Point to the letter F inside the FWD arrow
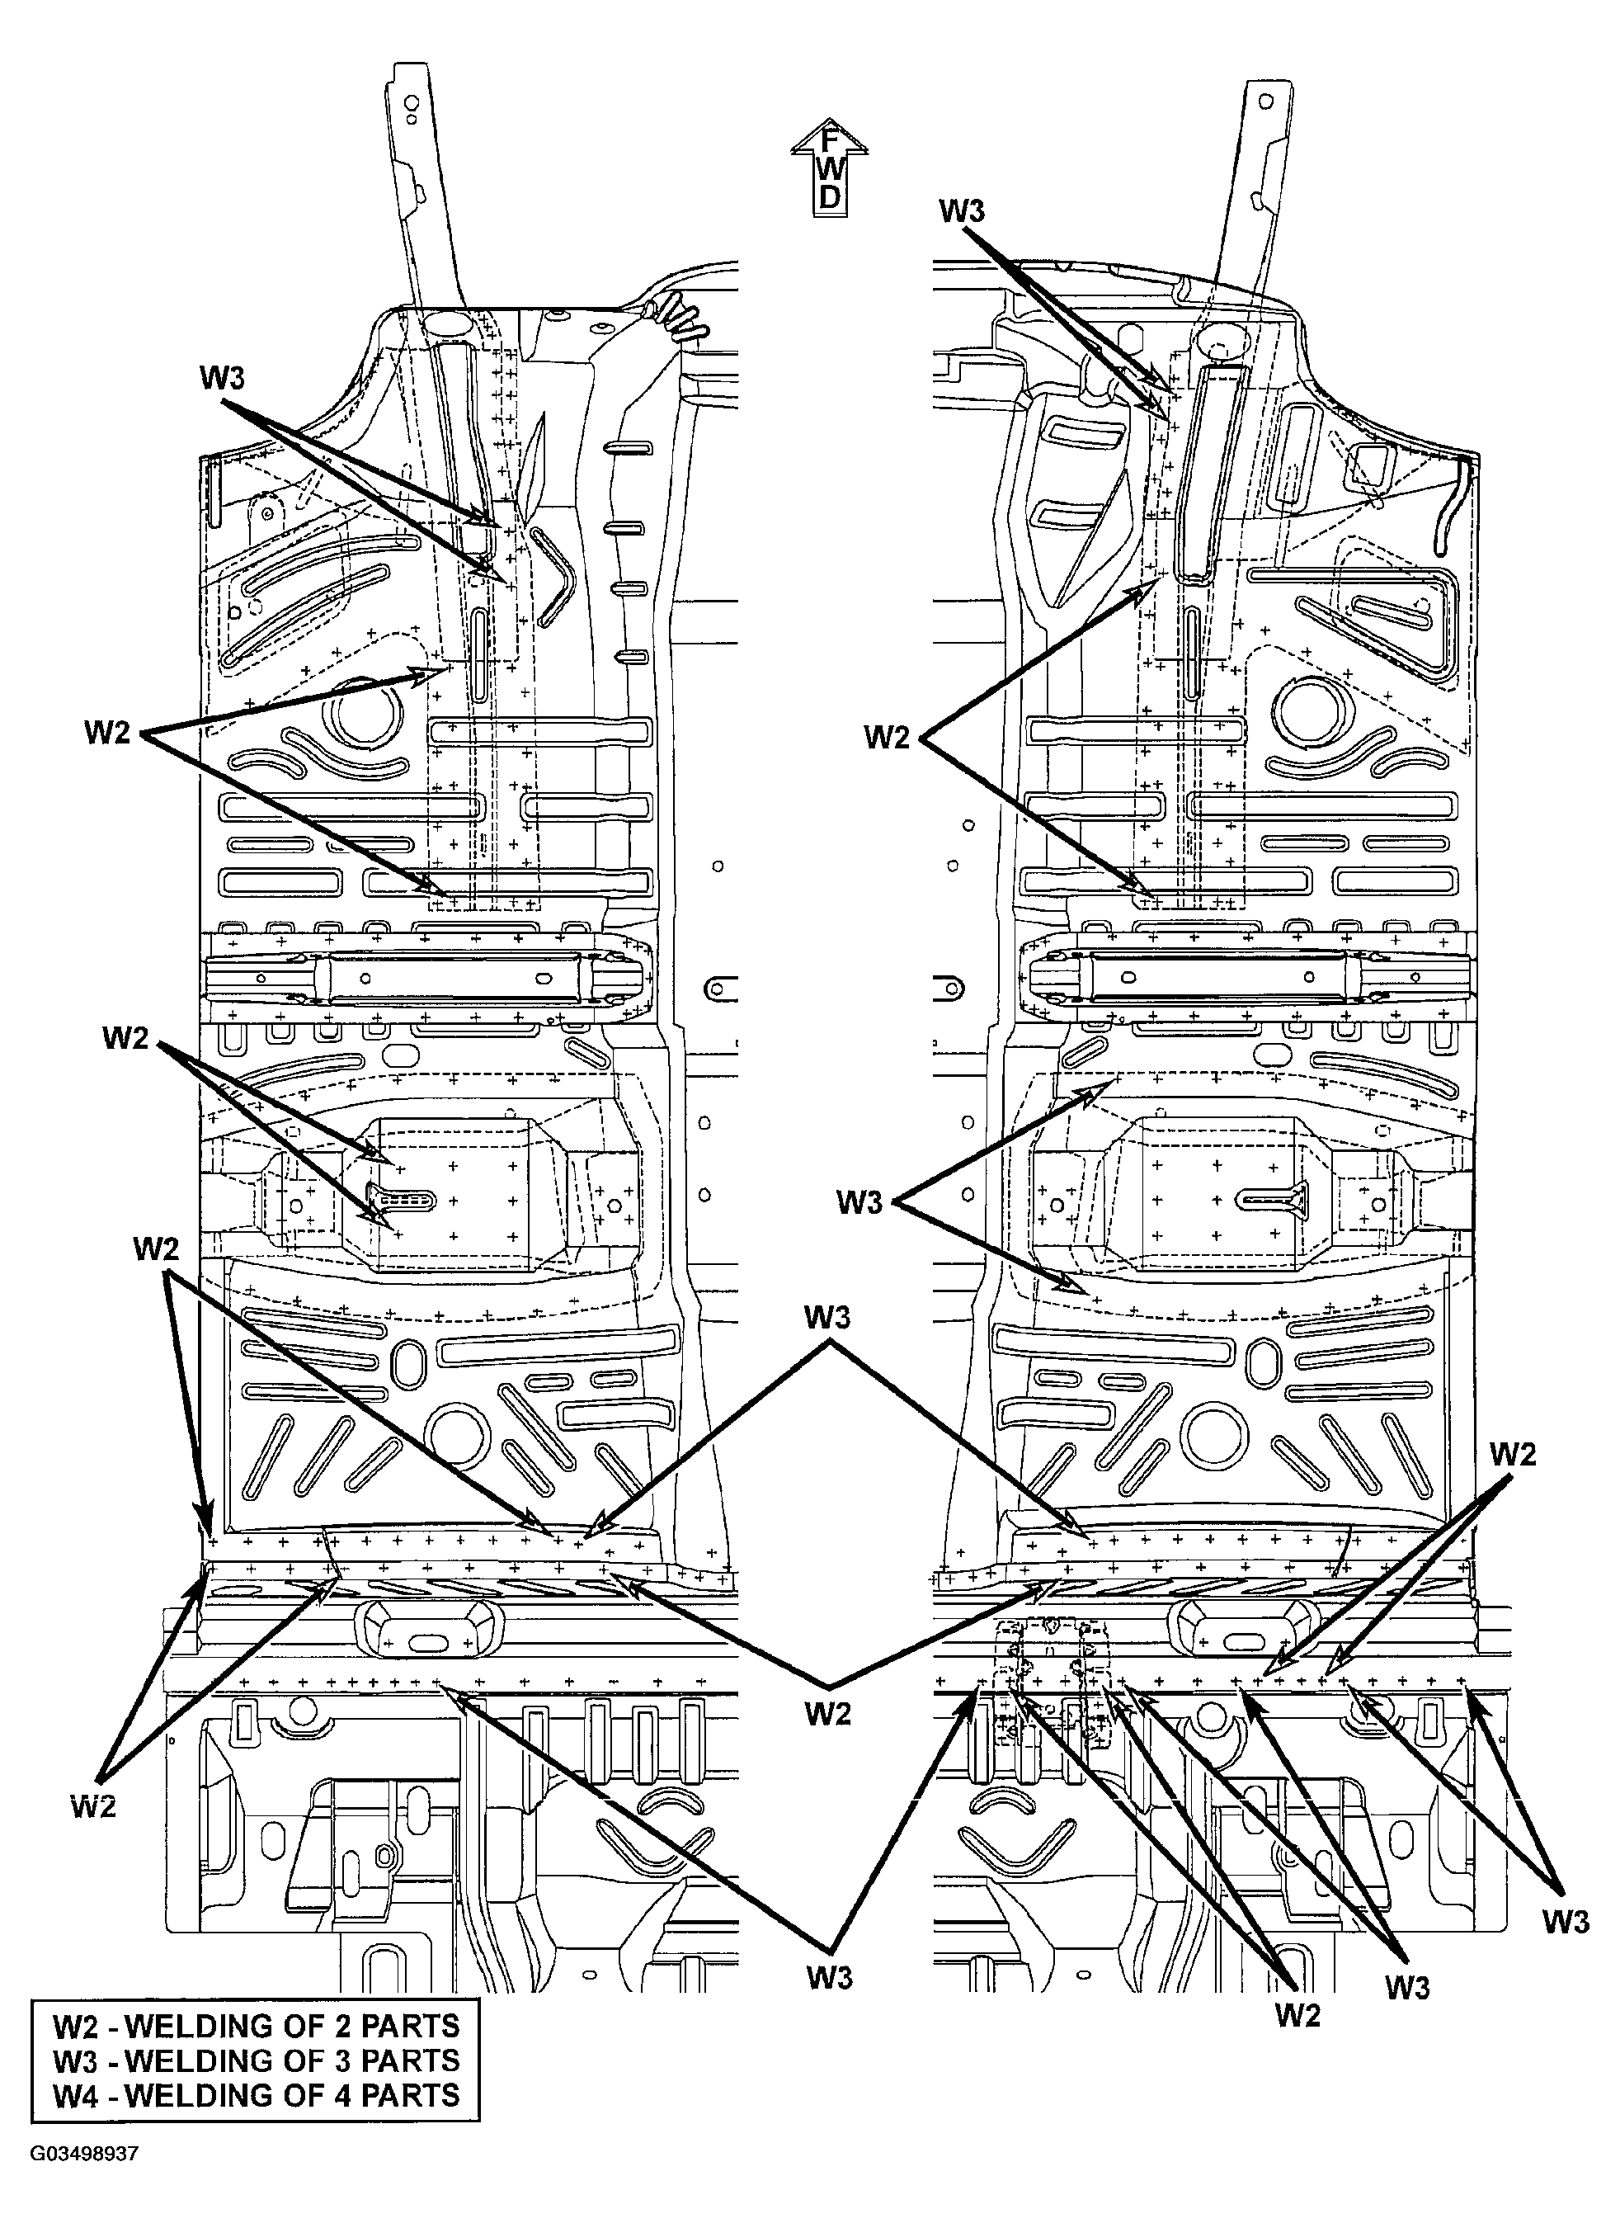(x=830, y=140)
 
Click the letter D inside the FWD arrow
(x=830, y=197)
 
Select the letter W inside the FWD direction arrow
(x=830, y=168)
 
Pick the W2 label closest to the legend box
(x=94, y=1805)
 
